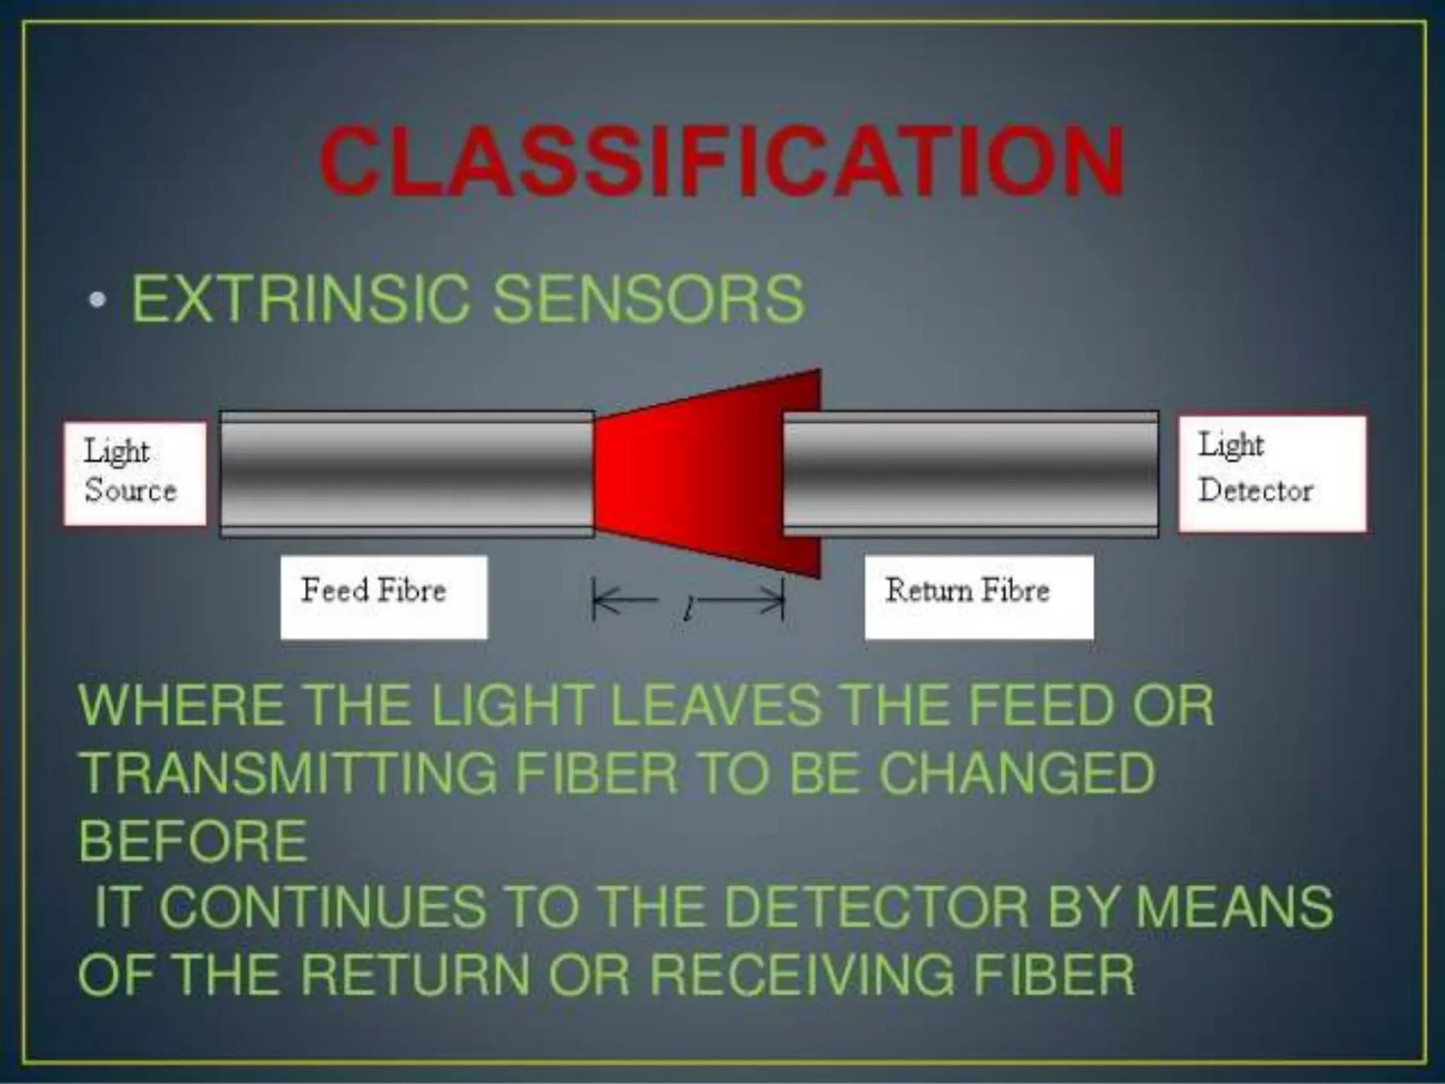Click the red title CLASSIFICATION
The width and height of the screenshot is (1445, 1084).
[721, 162]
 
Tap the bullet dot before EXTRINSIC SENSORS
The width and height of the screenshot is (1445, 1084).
[97, 300]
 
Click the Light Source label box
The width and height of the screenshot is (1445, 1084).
[135, 473]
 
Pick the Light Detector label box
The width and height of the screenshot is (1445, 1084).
[1271, 473]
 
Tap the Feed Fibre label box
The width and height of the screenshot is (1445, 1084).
[383, 596]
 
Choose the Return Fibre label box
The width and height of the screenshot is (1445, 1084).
[979, 596]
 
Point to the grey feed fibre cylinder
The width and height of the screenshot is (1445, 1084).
[406, 473]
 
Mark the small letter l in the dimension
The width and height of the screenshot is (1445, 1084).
[687, 609]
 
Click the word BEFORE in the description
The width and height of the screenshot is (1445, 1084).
[193, 841]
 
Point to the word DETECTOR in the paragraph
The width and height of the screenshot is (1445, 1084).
[876, 907]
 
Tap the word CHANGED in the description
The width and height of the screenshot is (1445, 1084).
[1017, 773]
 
